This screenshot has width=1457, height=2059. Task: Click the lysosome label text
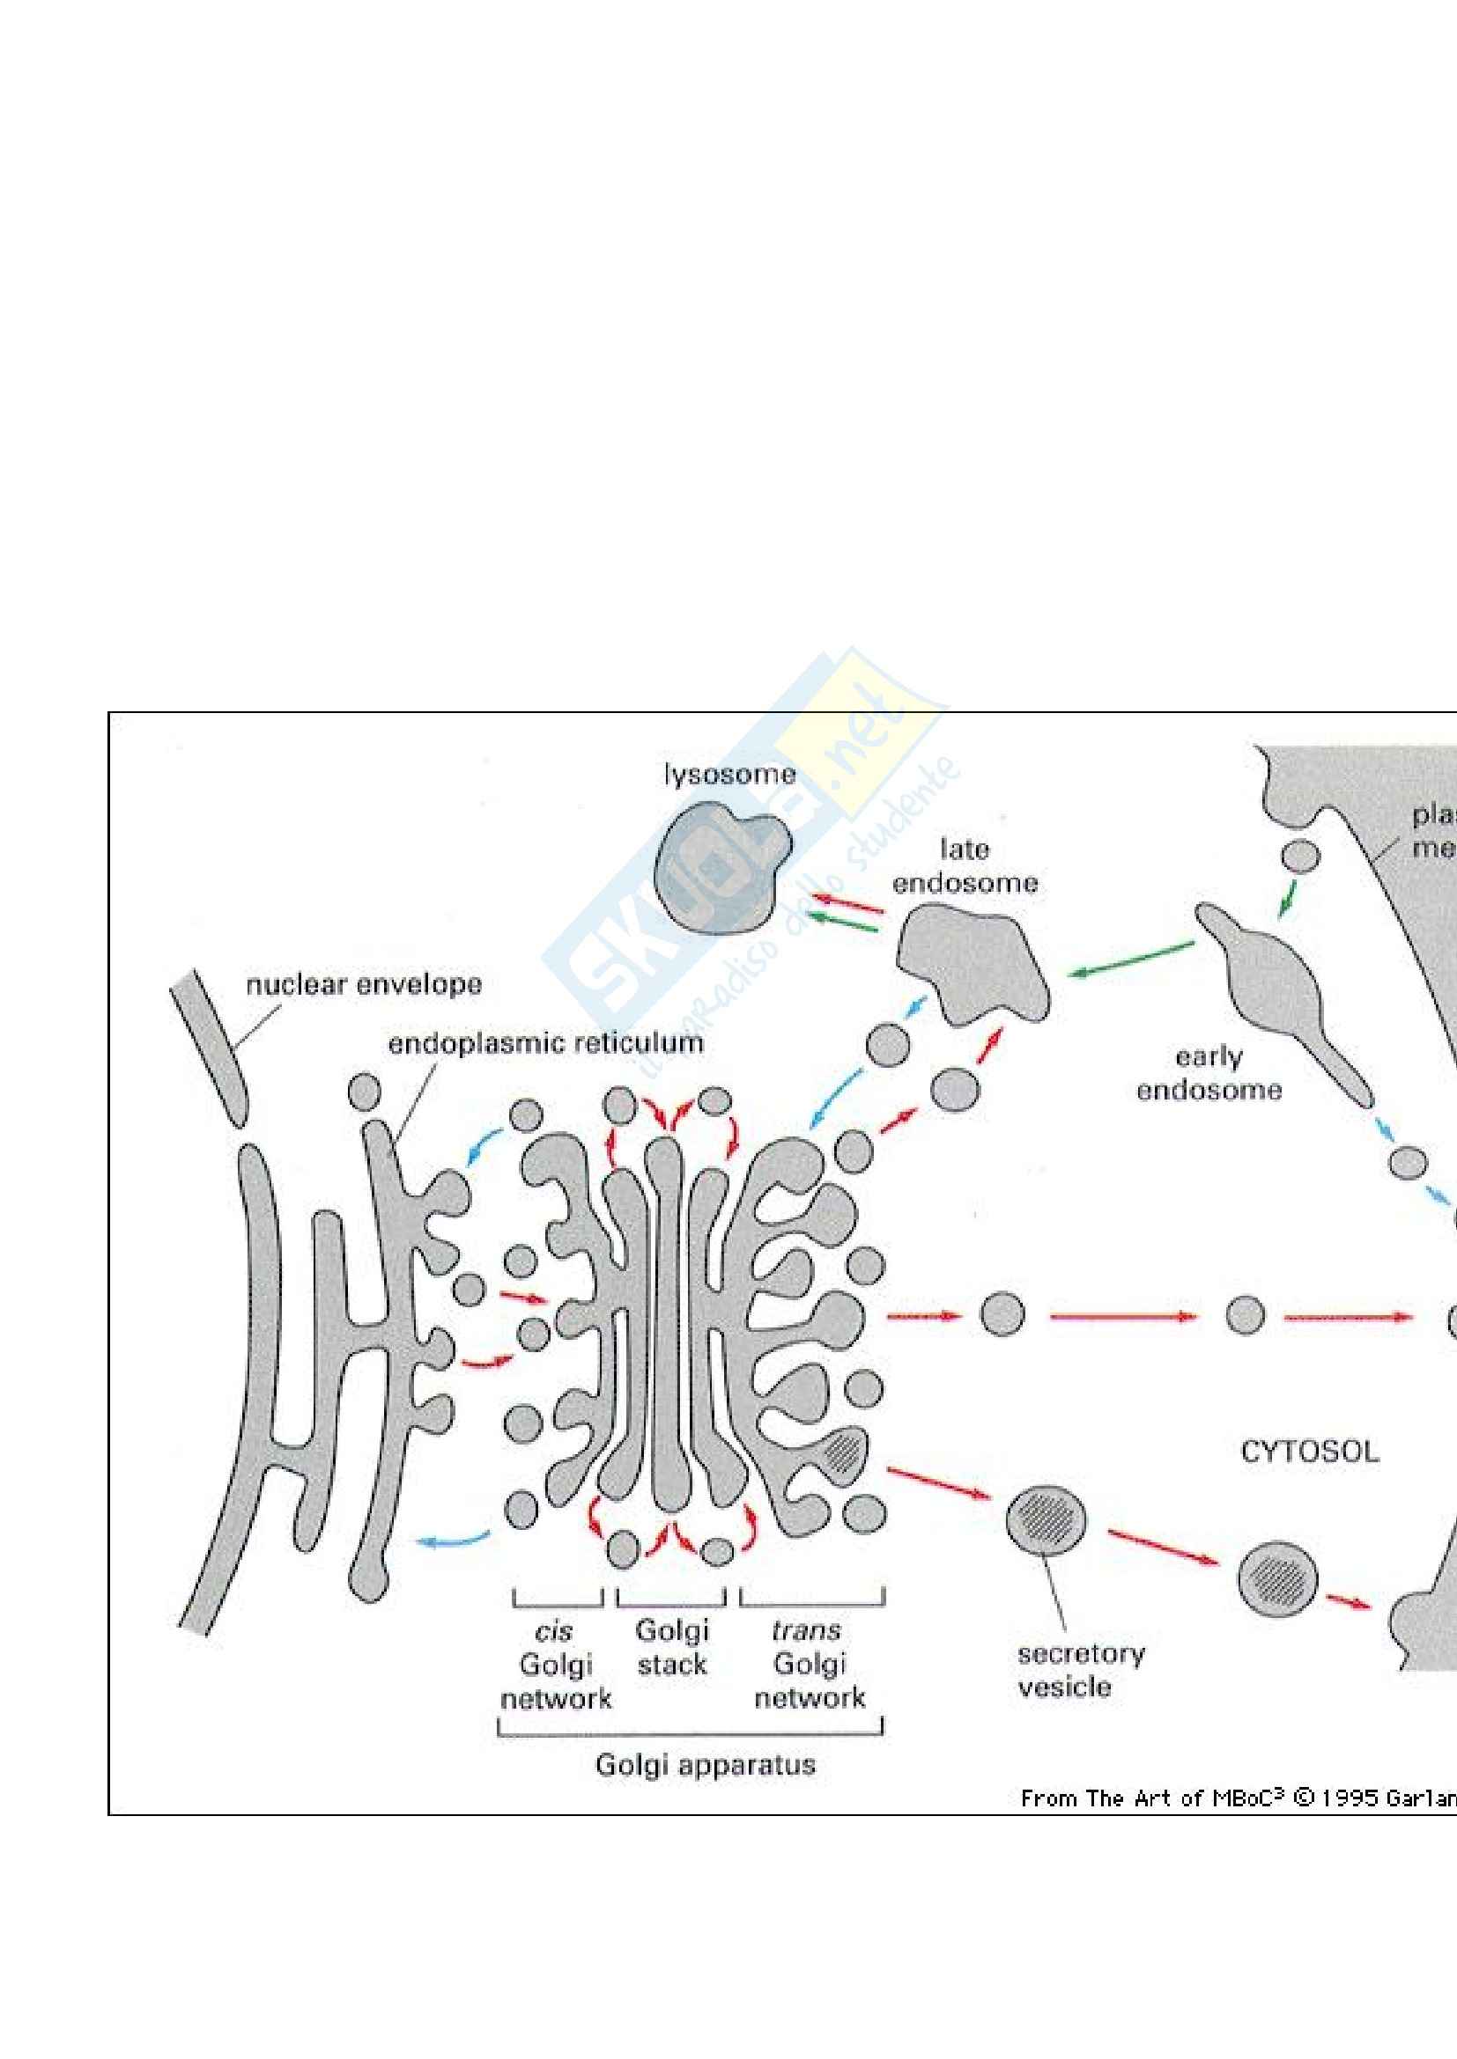coord(729,775)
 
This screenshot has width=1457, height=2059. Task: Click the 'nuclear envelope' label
coord(363,985)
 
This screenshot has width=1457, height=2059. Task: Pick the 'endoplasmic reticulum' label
coord(545,1043)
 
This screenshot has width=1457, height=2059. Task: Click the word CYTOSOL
coord(1309,1452)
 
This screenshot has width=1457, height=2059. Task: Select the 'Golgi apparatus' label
coord(706,1765)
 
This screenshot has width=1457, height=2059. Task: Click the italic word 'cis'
coord(552,1631)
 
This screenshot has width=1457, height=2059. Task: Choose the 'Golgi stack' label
coord(672,1647)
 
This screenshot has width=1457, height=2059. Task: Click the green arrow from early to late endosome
coord(1129,959)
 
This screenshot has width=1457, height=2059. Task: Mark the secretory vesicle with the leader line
coord(1045,1520)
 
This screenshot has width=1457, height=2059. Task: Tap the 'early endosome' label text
coord(1209,1073)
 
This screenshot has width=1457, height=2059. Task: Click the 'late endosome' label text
coord(965,866)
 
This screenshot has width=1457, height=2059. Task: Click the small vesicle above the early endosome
coord(1299,857)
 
